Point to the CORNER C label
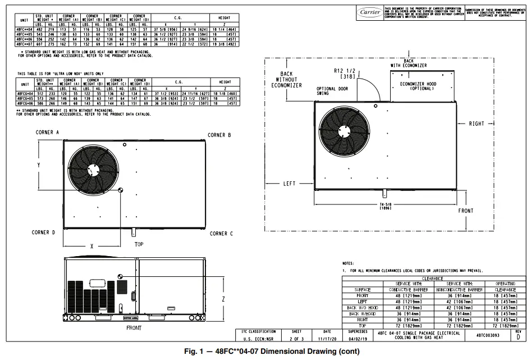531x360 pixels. coord(221,234)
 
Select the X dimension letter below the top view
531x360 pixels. coord(92,246)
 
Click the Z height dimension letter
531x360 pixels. coord(223,299)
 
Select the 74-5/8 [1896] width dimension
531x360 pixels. coord(385,206)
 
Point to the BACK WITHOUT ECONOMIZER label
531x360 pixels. coord(287,80)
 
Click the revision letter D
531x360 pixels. coord(518,338)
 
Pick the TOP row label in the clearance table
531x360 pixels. coord(363,325)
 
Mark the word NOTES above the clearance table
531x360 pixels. coord(349,263)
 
